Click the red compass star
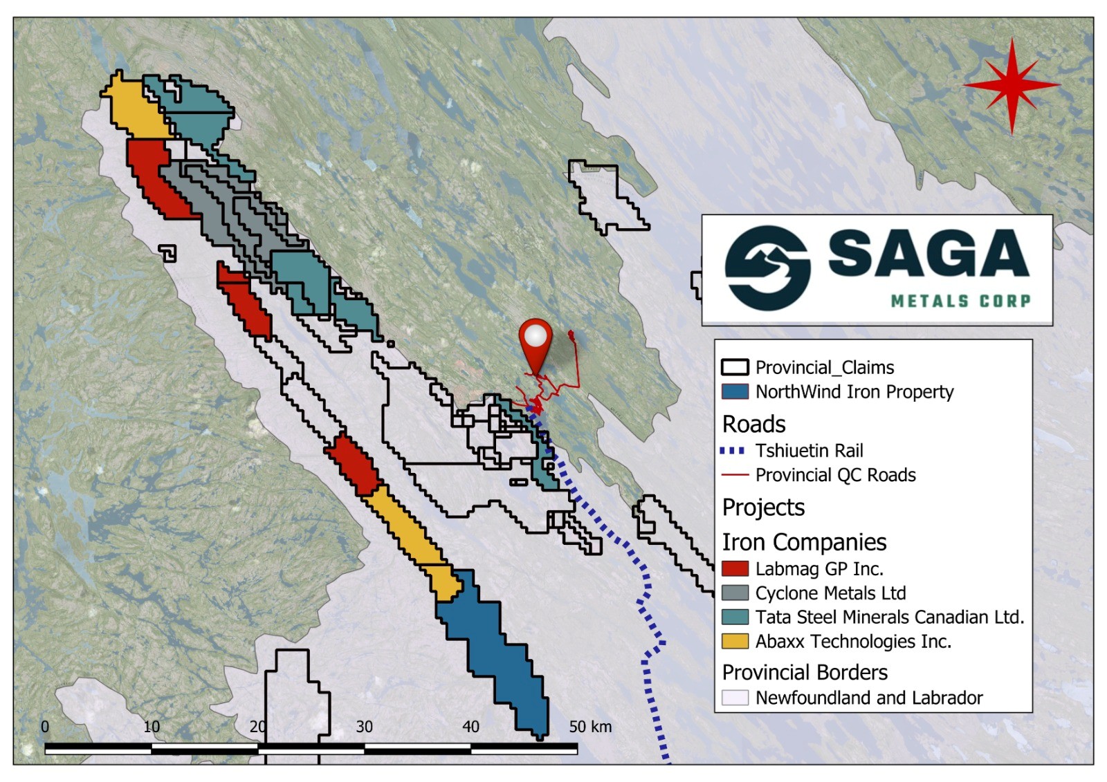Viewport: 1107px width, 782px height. pos(1012,85)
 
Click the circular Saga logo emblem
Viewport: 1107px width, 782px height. pos(767,268)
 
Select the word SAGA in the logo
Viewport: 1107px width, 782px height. pos(928,253)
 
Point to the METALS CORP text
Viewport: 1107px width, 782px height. pos(960,301)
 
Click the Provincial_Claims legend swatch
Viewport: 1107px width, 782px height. pos(735,367)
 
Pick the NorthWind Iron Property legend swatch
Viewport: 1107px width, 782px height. pos(735,392)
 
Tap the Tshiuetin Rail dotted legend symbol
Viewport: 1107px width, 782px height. pos(733,451)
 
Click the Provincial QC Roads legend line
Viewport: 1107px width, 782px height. pos(735,475)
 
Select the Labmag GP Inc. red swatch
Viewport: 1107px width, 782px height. pos(735,569)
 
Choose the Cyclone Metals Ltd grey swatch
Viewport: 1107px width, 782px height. pos(735,593)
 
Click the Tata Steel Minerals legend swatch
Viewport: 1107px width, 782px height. pos(735,617)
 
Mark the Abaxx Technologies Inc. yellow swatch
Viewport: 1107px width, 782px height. pos(735,642)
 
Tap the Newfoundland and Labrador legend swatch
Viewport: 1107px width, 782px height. pos(735,698)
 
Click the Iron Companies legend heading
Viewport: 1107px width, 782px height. pos(804,542)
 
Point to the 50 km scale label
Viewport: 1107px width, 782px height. pos(590,727)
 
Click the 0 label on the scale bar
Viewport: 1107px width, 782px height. pos(45,727)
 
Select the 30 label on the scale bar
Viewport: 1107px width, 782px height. pos(364,727)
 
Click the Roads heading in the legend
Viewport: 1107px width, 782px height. pos(753,424)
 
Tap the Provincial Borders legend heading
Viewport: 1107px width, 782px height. pos(805,672)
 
